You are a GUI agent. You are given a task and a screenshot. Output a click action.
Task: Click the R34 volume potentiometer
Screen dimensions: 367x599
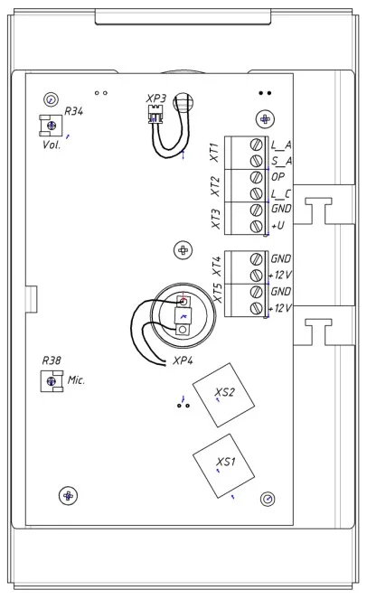(51, 126)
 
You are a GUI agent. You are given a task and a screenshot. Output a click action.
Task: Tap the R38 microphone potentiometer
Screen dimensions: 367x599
(52, 381)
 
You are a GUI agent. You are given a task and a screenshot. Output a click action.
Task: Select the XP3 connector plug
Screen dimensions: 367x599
(155, 115)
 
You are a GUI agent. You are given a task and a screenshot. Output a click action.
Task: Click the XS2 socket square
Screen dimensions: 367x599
(223, 395)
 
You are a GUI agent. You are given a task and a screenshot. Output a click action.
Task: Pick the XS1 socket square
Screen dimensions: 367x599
(223, 465)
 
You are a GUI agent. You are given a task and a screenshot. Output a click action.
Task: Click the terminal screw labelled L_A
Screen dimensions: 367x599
(256, 145)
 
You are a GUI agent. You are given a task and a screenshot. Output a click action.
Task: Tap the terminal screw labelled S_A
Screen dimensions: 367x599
(256, 161)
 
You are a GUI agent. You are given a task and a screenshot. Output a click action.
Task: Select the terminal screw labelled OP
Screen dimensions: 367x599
(256, 177)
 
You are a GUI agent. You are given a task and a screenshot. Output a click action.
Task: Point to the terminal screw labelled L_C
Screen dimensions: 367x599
(256, 193)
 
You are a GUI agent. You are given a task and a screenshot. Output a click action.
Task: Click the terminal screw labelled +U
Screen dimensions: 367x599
(256, 226)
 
